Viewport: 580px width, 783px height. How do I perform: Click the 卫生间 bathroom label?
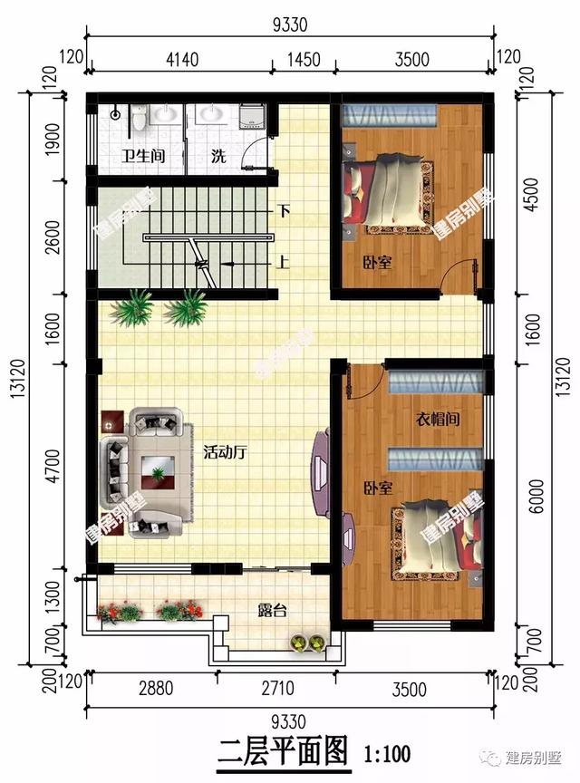(x=144, y=156)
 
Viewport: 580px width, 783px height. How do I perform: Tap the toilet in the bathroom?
(x=140, y=118)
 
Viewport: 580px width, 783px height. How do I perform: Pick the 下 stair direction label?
(x=285, y=211)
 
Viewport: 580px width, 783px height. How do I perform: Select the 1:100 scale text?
(x=387, y=752)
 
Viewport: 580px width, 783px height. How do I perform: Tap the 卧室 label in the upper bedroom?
(x=377, y=263)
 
